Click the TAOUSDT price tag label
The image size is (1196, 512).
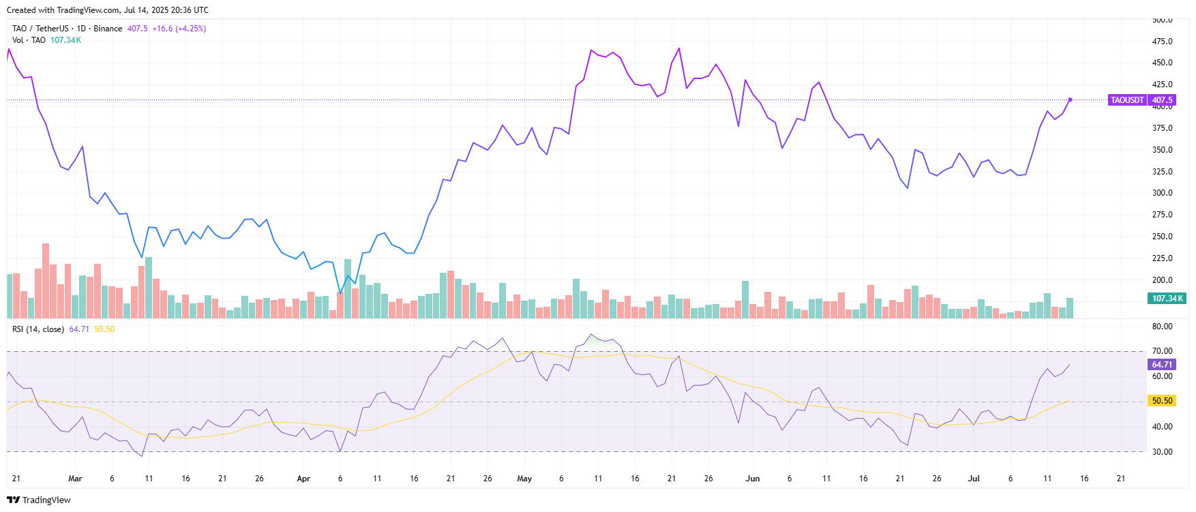[1127, 100]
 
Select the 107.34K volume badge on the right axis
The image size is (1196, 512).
[1167, 299]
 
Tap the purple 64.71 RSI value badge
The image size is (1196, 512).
[1162, 365]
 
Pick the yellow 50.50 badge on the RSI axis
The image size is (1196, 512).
[1162, 401]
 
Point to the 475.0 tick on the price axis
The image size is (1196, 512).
[1162, 42]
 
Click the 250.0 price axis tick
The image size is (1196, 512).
[1162, 237]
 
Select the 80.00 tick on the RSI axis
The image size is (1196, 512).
[1162, 327]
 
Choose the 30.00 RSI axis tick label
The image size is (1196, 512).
[1162, 451]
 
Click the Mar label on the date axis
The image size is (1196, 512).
[75, 479]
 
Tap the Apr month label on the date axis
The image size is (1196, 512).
[303, 479]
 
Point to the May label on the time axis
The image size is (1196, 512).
[524, 479]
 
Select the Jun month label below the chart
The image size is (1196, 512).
[753, 479]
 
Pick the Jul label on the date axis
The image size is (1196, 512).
[974, 479]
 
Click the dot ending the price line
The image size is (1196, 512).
[1070, 100]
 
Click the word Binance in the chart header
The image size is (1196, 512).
[108, 29]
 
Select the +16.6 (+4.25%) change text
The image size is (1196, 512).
[179, 29]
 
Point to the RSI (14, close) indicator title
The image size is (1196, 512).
[38, 329]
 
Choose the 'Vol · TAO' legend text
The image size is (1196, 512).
[29, 40]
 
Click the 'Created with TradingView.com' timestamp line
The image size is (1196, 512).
[108, 10]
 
